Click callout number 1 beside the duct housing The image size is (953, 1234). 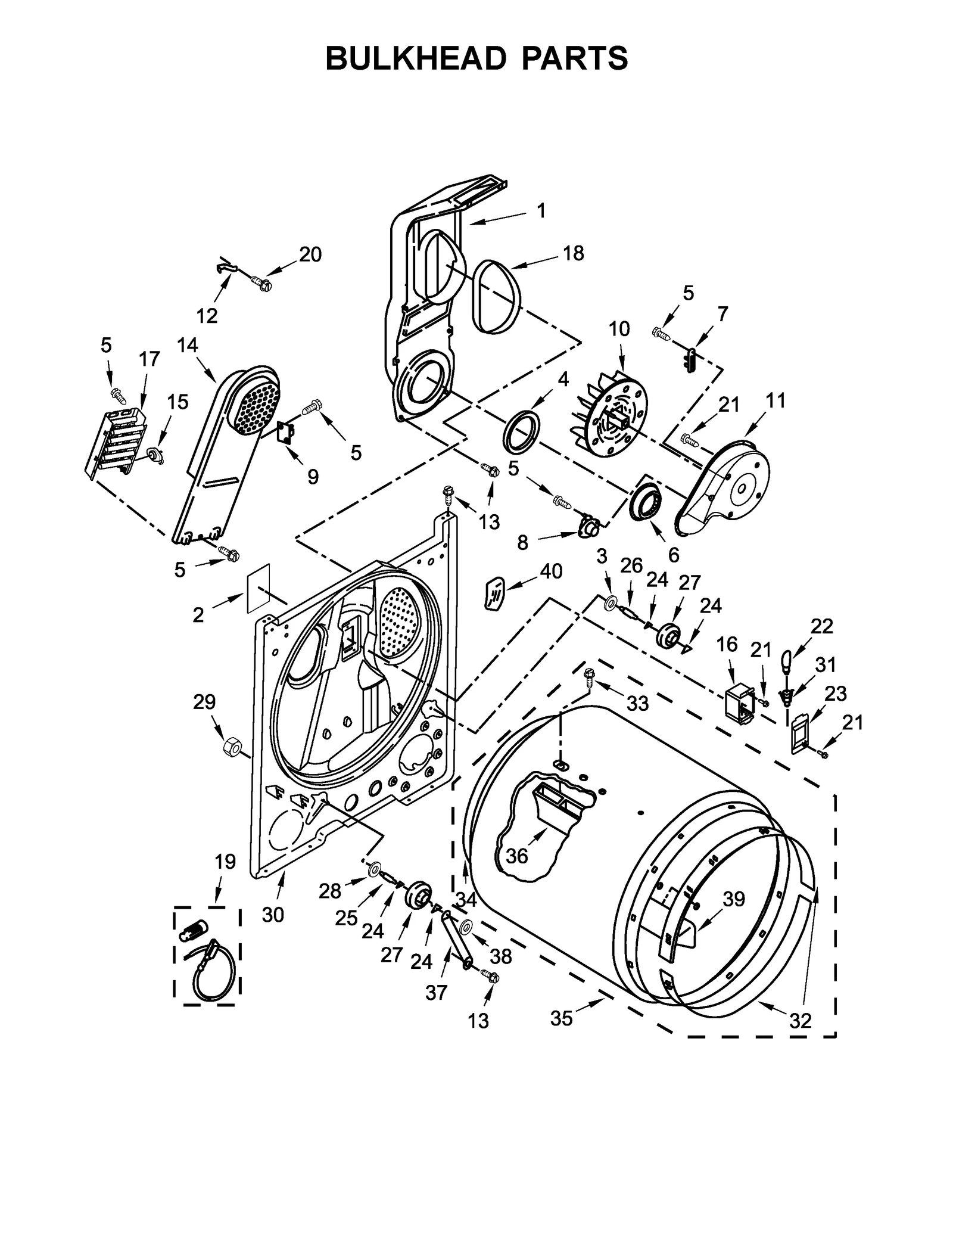pos(541,210)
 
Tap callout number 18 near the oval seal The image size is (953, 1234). pos(573,253)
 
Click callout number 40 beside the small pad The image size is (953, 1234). pos(551,571)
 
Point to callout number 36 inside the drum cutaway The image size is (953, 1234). pos(516,856)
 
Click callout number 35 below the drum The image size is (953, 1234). pos(561,1018)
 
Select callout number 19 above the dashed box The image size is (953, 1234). pos(225,862)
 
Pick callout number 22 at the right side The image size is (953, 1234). pos(821,626)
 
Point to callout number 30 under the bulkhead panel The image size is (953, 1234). pos(273,914)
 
